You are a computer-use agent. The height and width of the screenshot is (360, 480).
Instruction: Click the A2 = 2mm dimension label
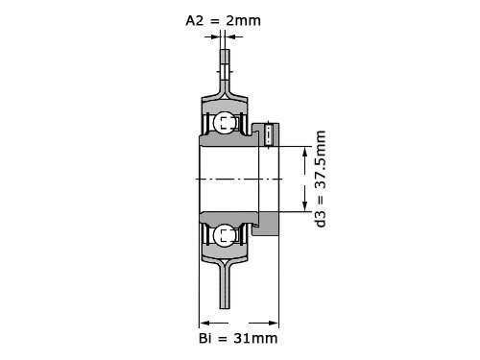[x=223, y=21]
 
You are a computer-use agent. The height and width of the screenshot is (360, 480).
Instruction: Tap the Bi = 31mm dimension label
[x=238, y=338]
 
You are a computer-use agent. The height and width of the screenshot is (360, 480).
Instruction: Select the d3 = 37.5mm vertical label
[x=321, y=179]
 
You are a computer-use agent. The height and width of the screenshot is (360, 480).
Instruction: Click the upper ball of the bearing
[x=225, y=122]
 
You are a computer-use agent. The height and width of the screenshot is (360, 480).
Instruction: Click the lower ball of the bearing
[x=225, y=236]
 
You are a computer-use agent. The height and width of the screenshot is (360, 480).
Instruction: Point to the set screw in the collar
[x=269, y=134]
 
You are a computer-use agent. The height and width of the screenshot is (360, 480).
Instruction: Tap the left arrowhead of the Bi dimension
[x=204, y=323]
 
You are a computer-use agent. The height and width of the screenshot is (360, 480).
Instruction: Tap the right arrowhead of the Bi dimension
[x=274, y=323]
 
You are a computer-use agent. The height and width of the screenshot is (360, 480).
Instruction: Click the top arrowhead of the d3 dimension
[x=305, y=153]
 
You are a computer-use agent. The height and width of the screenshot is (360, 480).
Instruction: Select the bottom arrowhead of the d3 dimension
[x=305, y=205]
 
